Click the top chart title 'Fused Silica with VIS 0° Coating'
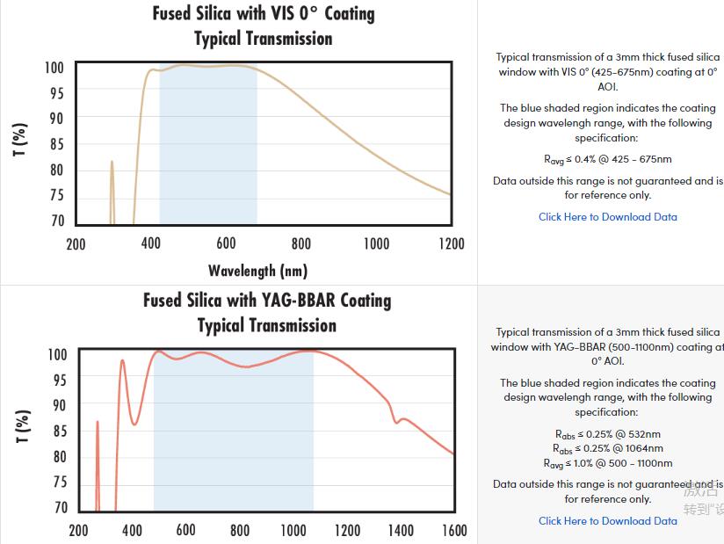(264, 14)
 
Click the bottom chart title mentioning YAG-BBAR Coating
(267, 301)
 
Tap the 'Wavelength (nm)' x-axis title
(257, 271)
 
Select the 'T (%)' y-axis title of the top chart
(20, 140)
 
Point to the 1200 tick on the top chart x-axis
(452, 244)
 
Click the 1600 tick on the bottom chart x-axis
(454, 531)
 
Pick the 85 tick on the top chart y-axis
(54, 144)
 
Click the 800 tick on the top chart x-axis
(301, 244)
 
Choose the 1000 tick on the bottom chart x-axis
(293, 531)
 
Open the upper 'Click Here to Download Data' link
(607, 217)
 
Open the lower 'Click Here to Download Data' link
(607, 521)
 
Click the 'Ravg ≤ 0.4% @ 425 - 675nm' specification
(607, 160)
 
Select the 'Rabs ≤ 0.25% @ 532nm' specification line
(607, 434)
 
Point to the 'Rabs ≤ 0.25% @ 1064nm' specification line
(607, 448)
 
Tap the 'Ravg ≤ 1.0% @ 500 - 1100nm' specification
(607, 463)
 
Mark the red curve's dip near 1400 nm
(395, 423)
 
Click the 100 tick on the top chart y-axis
(54, 69)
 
